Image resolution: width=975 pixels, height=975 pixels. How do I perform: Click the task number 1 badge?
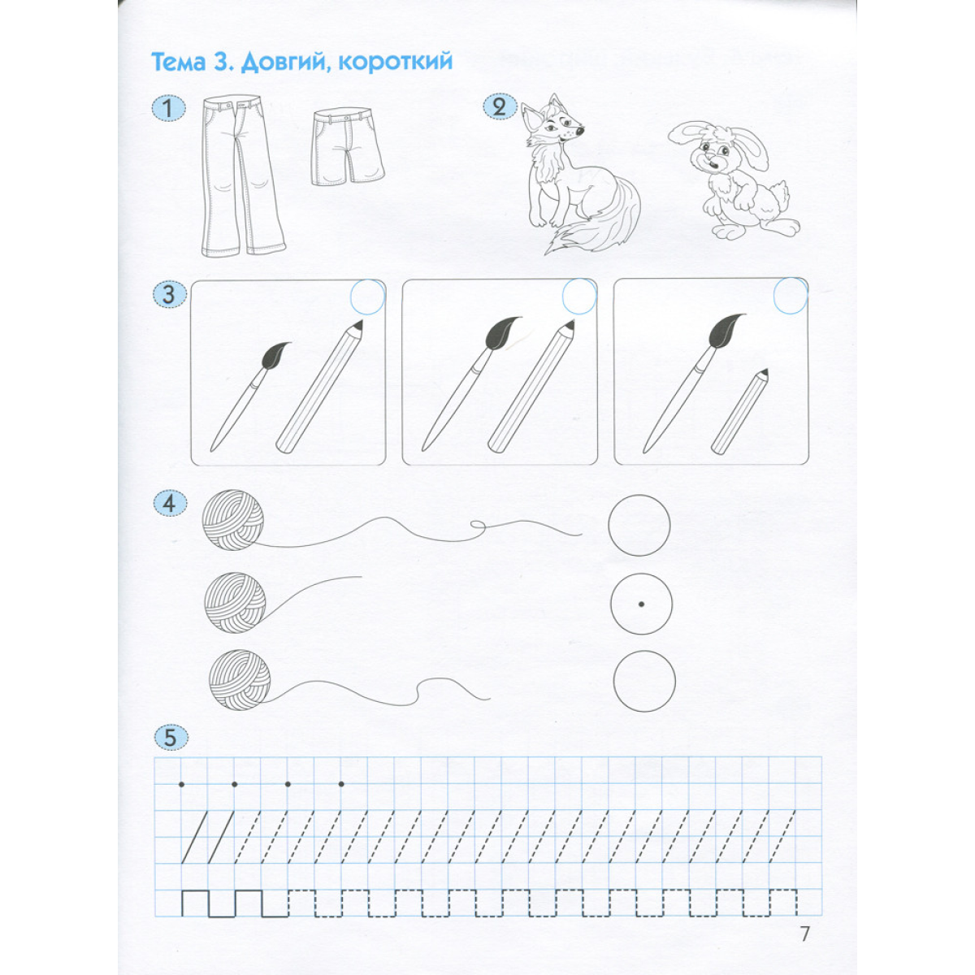coord(168,109)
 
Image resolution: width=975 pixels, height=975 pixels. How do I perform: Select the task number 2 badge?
coord(500,107)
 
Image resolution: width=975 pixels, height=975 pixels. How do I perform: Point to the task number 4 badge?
coord(170,505)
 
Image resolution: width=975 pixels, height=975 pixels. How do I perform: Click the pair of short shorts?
coord(347,147)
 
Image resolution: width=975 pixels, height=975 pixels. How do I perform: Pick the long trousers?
coord(243,176)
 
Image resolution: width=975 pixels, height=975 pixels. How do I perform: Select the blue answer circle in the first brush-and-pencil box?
coord(368,297)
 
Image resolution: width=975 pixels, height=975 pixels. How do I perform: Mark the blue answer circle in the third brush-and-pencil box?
coord(791,297)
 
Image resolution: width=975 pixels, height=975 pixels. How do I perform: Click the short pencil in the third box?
coord(739,411)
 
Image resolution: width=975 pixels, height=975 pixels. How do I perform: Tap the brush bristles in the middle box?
coord(502,332)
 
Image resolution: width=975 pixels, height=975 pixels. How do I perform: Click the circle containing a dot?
coord(641,604)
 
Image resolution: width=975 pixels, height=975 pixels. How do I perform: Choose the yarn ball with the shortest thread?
coord(236,603)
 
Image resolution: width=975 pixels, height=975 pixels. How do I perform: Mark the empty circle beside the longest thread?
coord(639,525)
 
